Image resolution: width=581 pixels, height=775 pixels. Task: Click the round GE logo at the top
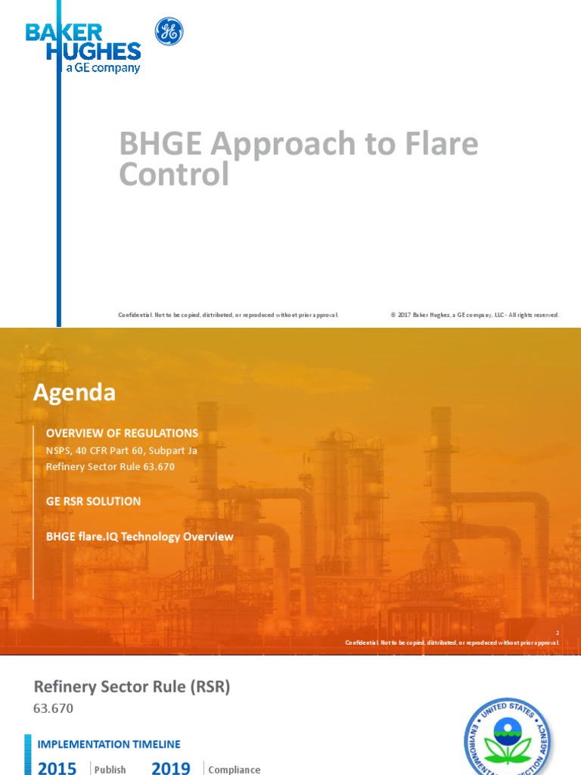(169, 32)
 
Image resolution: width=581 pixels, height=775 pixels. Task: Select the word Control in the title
(174, 174)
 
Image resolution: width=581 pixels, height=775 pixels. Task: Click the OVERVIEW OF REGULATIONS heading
(122, 433)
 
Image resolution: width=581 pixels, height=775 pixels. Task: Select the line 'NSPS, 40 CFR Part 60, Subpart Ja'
(121, 450)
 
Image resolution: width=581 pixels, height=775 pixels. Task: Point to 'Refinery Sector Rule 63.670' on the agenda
(110, 466)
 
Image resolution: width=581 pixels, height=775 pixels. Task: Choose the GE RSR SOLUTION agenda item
(93, 501)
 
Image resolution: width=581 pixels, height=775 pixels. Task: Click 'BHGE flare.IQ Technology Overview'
(140, 537)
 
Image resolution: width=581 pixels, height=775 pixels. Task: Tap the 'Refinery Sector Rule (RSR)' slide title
(132, 686)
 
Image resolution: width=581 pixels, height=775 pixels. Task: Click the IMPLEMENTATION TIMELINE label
(110, 744)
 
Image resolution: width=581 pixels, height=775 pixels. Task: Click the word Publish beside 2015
(110, 769)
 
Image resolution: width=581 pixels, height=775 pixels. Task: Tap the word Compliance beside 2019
(234, 769)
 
